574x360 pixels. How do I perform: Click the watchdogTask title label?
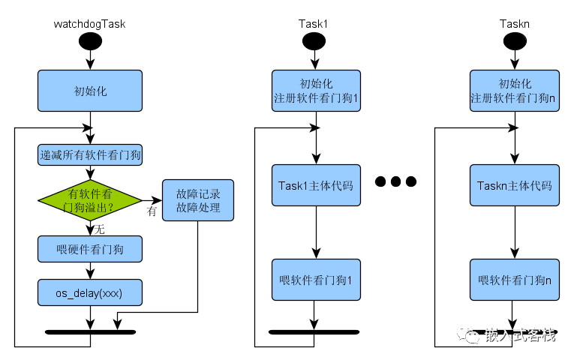tap(89, 23)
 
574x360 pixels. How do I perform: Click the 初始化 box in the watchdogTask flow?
tap(90, 91)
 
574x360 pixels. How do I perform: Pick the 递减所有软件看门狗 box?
tap(90, 156)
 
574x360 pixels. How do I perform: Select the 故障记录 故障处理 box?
tap(198, 199)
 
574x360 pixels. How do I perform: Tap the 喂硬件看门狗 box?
tap(90, 247)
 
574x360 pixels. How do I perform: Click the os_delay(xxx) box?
tap(90, 291)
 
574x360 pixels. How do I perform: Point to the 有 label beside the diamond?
tap(152, 212)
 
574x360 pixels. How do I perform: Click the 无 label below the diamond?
tap(99, 228)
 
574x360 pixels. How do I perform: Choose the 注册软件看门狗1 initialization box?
tap(316, 91)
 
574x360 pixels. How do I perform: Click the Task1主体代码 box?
tap(316, 184)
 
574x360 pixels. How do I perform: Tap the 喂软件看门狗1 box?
tap(316, 280)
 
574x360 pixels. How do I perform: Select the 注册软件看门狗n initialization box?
tap(515, 91)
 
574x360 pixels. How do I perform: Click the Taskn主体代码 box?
tap(515, 184)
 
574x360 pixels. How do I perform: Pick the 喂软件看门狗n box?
tap(515, 280)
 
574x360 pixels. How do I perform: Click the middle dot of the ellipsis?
tap(396, 181)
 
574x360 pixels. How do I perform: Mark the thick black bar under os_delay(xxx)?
tap(90, 331)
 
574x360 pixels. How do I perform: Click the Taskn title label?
tap(515, 23)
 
